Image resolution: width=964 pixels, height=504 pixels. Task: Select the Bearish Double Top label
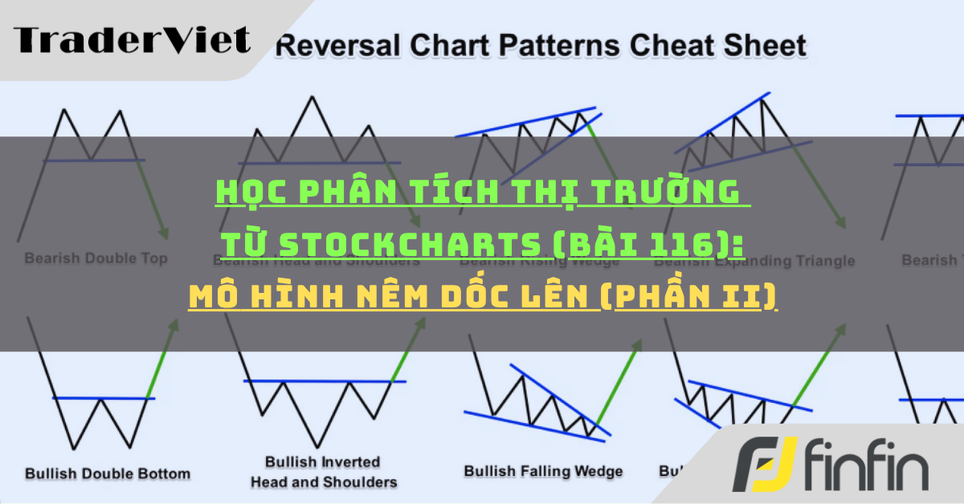[96, 258]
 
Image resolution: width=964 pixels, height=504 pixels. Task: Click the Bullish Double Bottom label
[108, 473]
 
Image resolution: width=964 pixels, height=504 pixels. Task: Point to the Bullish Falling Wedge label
[543, 471]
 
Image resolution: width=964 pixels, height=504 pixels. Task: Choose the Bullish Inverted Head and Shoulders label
[323, 472]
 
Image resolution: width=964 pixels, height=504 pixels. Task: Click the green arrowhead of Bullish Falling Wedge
[639, 346]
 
